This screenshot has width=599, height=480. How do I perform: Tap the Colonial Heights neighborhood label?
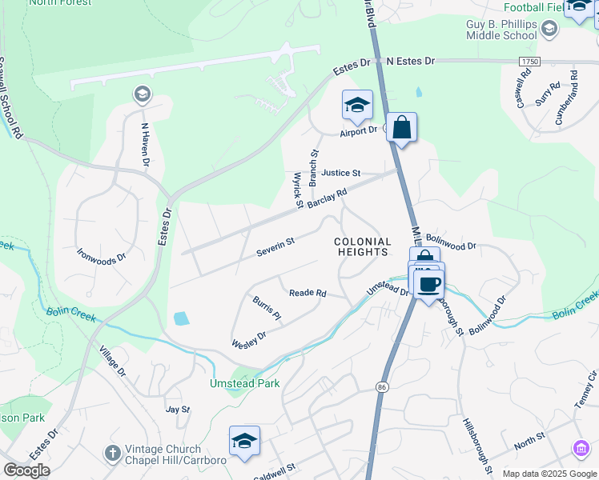click(x=362, y=246)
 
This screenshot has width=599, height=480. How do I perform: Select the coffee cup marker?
click(x=428, y=284)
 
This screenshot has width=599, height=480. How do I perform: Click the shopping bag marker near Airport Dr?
click(x=401, y=127)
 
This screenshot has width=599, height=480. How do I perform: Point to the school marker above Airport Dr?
click(x=357, y=105)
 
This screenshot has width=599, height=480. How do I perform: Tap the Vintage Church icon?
click(x=113, y=453)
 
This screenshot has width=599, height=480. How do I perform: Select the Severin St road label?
click(x=275, y=246)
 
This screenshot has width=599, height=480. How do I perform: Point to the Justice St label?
click(x=341, y=173)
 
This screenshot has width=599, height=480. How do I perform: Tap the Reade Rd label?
click(x=308, y=294)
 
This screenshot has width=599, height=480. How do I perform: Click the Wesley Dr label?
click(x=248, y=340)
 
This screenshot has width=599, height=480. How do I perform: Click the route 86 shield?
click(x=379, y=386)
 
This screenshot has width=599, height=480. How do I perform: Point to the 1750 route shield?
click(x=529, y=62)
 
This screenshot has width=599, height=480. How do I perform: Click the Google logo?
click(x=26, y=470)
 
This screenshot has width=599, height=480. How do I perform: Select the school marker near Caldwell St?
click(x=244, y=441)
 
